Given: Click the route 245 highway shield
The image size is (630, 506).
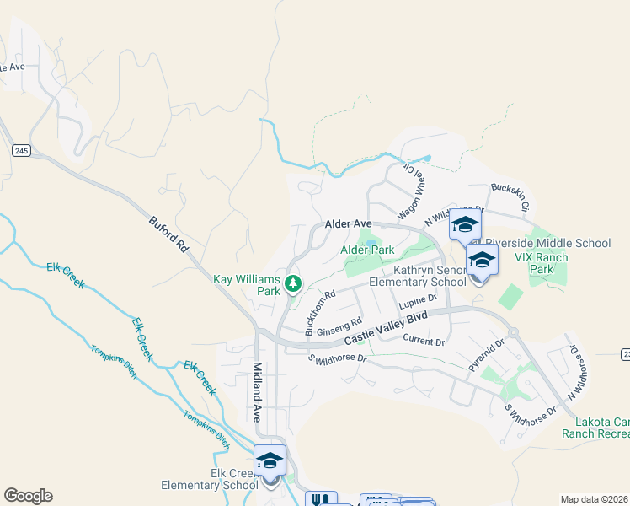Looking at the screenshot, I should coord(21,150).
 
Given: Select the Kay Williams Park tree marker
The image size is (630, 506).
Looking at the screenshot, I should coord(293,284).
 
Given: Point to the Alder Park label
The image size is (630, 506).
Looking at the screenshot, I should coord(367,250).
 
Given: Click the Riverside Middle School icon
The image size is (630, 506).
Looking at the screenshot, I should coord(465,224).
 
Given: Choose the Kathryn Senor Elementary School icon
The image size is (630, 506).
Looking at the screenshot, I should coord(482,261).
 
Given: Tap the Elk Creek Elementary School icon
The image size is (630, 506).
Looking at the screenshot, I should coord(270,462).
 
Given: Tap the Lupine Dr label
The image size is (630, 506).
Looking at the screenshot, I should coord(419,301).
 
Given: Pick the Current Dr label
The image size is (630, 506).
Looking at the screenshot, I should coord(424,341).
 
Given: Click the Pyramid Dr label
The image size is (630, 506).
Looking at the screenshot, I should coord(486,355).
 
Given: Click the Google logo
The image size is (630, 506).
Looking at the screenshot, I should coord(28,496).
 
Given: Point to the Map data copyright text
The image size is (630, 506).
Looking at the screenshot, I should coord(595,499).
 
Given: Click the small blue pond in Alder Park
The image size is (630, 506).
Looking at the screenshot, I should coord(371,243).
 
